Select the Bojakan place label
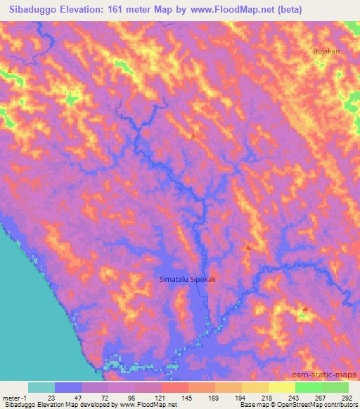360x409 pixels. click(326, 51)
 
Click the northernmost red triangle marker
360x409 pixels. click(193, 136)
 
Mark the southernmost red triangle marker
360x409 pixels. click(304, 309)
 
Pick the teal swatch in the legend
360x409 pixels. click(41, 387)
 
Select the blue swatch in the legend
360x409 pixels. click(68, 387)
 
